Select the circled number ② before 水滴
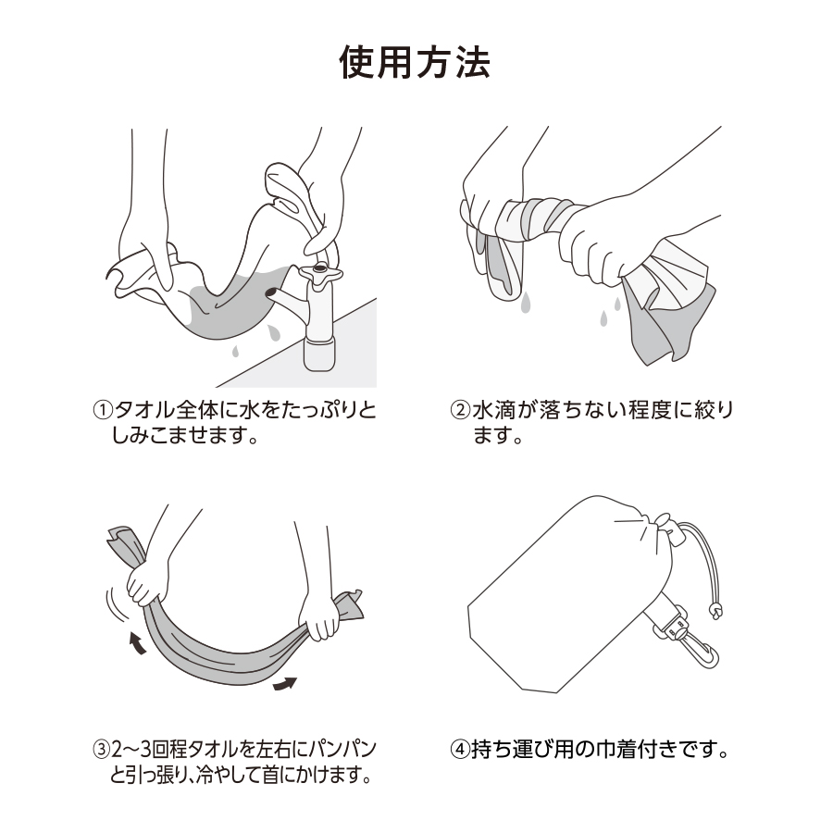pos(461,410)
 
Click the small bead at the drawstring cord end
pos(715,610)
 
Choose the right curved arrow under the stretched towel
pos(285,684)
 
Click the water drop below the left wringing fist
pos(525,303)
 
